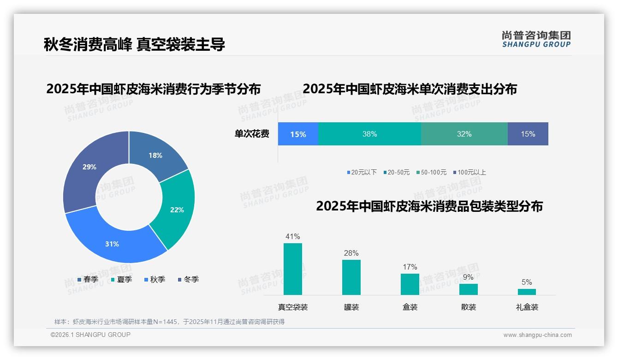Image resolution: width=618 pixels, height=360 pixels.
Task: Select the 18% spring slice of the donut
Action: tap(156, 156)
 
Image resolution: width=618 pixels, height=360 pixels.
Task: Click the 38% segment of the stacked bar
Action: tap(369, 134)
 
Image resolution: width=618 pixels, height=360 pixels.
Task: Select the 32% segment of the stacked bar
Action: tap(464, 134)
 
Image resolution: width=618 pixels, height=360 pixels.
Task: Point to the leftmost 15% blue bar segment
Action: tap(298, 134)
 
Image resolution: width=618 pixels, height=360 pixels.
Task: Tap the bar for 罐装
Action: tap(351, 277)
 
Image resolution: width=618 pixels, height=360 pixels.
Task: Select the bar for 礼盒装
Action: tap(527, 292)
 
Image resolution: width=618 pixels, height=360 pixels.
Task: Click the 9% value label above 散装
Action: tap(468, 277)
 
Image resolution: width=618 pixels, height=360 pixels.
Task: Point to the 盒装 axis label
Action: tap(410, 307)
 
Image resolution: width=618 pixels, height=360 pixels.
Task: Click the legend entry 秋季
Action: tap(157, 279)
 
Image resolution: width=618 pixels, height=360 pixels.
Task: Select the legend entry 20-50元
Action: tap(398, 172)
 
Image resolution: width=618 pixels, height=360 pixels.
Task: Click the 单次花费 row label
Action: tap(252, 134)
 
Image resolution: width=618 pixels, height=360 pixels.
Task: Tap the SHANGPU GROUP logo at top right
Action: tap(536, 39)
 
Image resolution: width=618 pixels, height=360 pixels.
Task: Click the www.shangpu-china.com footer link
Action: tap(537, 335)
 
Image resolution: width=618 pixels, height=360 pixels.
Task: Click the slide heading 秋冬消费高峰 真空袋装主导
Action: tap(134, 44)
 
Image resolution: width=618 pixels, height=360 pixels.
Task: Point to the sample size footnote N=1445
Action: tap(169, 322)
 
